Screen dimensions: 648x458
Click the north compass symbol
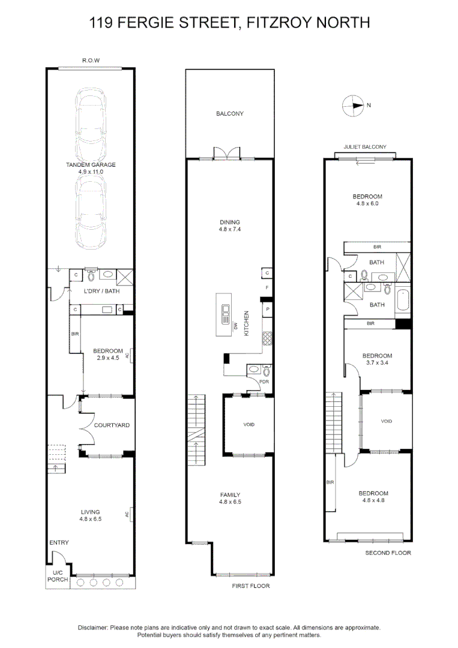[353, 106]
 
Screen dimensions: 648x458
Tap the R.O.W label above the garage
[91, 61]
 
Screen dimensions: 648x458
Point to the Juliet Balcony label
[365, 147]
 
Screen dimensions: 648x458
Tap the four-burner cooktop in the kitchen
[267, 339]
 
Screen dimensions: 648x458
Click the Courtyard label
[112, 425]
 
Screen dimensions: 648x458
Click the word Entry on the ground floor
[59, 542]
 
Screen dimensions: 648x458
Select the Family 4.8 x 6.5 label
[230, 499]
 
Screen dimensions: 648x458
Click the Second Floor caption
[388, 553]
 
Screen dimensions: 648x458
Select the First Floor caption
[251, 586]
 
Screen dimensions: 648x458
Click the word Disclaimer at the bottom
[93, 627]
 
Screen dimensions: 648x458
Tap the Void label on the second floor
[387, 421]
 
